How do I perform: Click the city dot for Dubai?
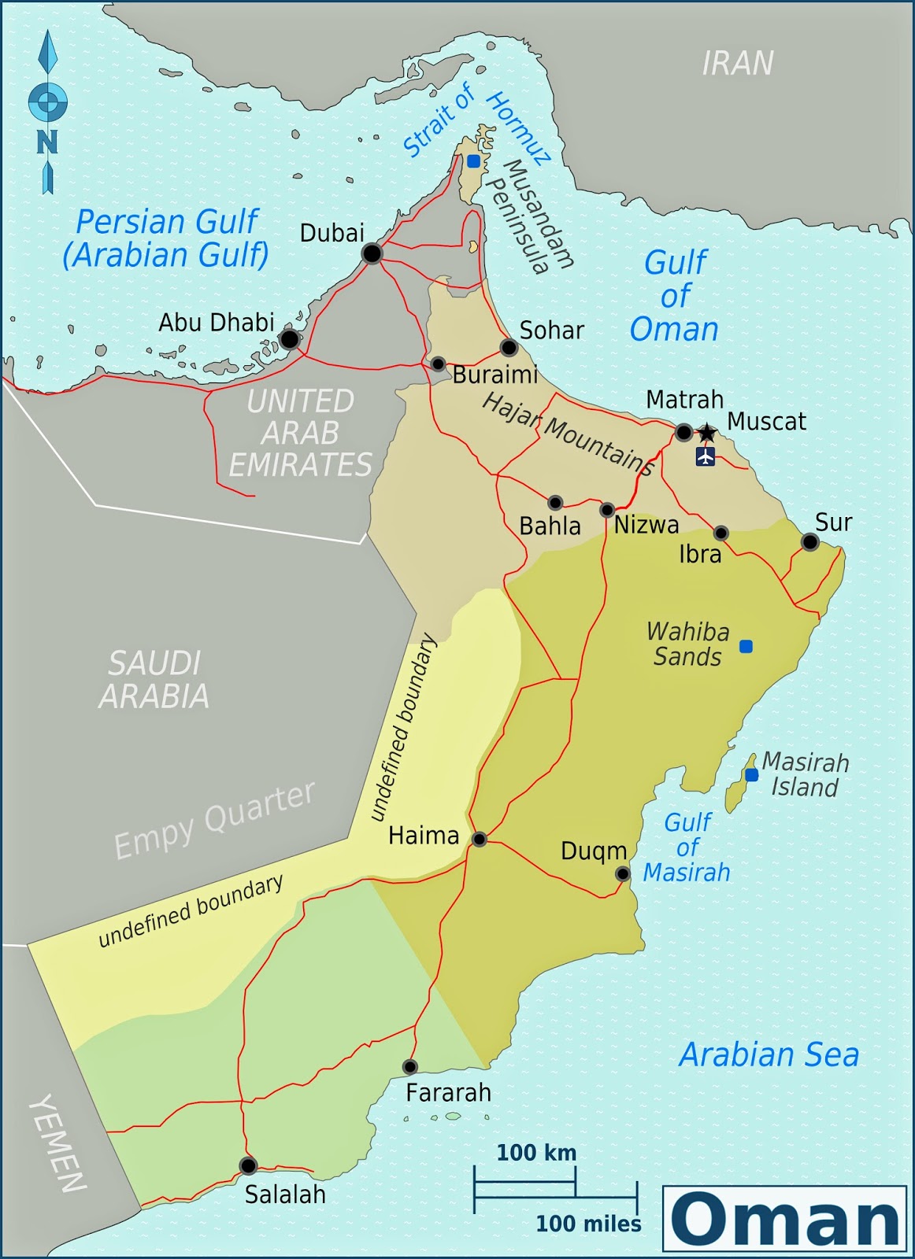click(372, 253)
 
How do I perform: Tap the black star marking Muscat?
click(707, 432)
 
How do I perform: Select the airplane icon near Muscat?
click(706, 456)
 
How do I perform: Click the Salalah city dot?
click(248, 1165)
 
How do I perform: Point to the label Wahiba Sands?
click(687, 644)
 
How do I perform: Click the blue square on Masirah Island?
click(751, 775)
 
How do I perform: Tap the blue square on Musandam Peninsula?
click(473, 161)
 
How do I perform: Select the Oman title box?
click(784, 1218)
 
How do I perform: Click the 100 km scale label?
click(536, 1153)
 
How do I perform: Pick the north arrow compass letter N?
click(47, 142)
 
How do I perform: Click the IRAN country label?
click(738, 63)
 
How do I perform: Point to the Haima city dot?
click(479, 840)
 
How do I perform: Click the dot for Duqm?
click(622, 873)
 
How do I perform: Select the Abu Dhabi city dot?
click(290, 339)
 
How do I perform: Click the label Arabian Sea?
click(769, 1054)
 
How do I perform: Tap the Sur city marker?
click(809, 542)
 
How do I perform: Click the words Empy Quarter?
click(214, 821)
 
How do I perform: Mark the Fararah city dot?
click(409, 1067)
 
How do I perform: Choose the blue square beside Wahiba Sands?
click(746, 646)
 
